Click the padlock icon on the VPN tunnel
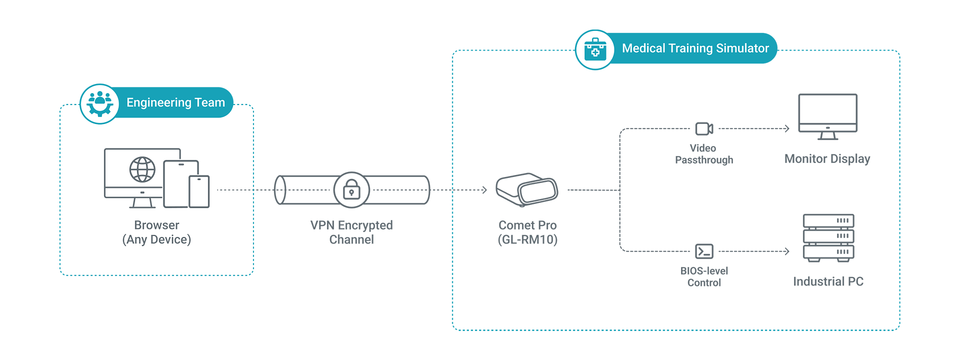351,190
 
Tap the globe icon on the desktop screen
142,169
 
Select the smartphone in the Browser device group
199,191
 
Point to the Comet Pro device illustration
527,189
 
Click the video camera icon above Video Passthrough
704,128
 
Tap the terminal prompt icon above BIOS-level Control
704,251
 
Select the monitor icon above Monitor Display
827,116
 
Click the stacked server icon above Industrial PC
828,238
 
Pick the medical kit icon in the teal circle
595,49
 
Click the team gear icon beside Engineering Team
100,103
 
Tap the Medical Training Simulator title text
695,48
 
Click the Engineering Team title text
175,102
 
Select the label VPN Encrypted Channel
351,232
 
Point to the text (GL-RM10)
527,239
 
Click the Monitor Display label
827,158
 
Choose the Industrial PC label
828,281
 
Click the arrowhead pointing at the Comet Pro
484,190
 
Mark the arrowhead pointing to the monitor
787,128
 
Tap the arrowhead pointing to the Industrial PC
787,251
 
